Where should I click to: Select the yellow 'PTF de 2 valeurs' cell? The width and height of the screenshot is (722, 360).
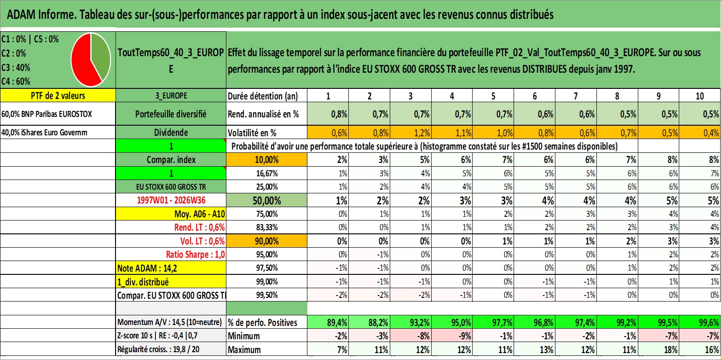pos(58,96)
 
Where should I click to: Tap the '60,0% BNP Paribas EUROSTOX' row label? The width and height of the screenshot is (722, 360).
pos(47,114)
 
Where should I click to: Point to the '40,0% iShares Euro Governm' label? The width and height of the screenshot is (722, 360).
pos(45,133)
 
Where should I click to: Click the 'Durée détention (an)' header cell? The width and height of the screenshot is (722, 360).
pos(263,96)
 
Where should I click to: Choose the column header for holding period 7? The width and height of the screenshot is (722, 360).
pos(576,96)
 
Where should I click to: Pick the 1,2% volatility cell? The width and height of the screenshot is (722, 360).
pos(410,133)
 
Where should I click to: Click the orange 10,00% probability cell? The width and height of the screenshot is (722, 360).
pos(266,160)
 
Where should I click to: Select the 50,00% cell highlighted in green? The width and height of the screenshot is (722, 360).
pos(266,200)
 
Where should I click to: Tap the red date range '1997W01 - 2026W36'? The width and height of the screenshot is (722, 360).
pos(171,200)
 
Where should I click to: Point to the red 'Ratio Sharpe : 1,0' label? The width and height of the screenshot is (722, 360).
pos(195,255)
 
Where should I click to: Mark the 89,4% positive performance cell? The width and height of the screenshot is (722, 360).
pos(328,322)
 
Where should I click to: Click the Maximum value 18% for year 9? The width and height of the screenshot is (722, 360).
pos(658,349)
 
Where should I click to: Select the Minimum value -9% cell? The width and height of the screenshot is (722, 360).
pos(452,336)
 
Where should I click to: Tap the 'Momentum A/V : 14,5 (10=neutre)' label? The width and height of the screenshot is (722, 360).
pos(169,322)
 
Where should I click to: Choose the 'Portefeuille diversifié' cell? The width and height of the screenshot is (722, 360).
pos(171,114)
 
